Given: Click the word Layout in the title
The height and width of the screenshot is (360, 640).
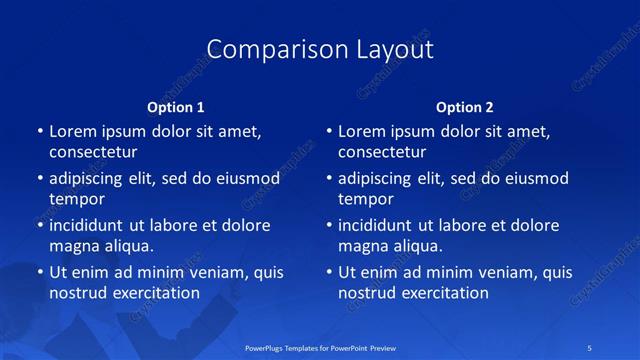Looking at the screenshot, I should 394,49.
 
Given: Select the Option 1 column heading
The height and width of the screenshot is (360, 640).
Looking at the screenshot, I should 176,107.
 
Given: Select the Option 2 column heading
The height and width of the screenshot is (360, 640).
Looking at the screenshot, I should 465,107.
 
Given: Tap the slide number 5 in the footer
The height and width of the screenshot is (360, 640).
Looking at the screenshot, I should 591,346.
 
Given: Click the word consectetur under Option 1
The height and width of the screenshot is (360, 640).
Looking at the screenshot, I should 92,153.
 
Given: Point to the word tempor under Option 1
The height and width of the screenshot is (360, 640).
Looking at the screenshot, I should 76,199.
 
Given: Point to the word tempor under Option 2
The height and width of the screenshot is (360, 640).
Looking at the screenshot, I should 365,199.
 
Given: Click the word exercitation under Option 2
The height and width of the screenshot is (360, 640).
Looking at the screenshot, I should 444,293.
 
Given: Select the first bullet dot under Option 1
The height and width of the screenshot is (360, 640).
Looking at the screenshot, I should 40,131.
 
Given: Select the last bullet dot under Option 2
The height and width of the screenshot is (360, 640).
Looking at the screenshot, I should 329,272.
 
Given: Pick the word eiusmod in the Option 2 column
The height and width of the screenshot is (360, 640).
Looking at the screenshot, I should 535,179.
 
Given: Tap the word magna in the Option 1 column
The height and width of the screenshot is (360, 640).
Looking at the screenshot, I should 74,246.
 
